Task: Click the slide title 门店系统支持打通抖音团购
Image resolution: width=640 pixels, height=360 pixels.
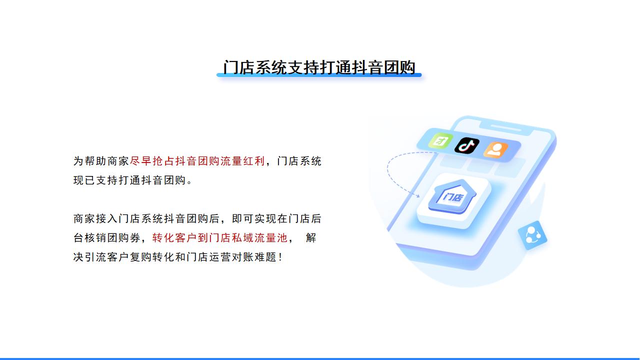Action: [319, 67]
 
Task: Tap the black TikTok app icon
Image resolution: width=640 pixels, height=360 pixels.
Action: [467, 145]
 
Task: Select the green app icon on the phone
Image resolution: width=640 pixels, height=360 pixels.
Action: [440, 140]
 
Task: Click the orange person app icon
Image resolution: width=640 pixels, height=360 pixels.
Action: [495, 149]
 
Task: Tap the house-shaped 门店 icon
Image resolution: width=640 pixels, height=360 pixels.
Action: [452, 196]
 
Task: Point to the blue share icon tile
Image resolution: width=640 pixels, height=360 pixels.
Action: [532, 235]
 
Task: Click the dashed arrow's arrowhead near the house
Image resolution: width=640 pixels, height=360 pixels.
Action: [417, 195]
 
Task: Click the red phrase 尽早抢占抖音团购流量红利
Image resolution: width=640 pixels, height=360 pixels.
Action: [197, 161]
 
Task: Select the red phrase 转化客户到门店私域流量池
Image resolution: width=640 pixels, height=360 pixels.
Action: [219, 237]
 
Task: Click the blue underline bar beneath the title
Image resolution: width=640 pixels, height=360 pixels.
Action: [319, 75]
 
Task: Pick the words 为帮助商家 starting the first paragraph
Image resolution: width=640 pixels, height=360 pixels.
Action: [101, 161]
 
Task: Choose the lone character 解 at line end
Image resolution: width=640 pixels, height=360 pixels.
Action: [311, 237]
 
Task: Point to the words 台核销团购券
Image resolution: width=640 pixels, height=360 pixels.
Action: [107, 237]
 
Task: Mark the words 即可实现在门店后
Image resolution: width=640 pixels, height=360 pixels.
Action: [276, 218]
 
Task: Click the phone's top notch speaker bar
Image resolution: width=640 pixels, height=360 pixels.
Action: [505, 127]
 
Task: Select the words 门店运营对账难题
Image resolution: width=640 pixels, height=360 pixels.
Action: [231, 257]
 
